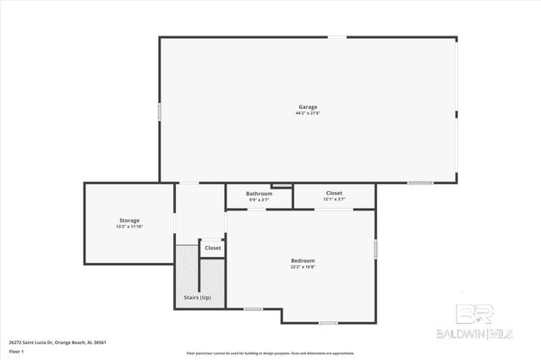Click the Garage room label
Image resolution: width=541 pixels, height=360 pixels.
[308, 107]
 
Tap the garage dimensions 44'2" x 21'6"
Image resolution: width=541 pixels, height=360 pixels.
[308, 113]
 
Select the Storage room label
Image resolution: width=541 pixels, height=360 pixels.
[129, 221]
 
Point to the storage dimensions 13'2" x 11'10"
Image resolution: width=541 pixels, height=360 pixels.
[129, 226]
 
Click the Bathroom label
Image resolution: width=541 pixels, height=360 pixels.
[260, 194]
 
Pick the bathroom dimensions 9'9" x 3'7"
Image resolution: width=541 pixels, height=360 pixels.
[260, 199]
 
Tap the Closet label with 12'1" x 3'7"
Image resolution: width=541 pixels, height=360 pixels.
[335, 194]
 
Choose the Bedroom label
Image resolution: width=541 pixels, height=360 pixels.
[303, 260]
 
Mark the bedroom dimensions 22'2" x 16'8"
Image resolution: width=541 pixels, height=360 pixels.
[303, 266]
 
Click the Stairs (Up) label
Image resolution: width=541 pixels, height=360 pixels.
[197, 298]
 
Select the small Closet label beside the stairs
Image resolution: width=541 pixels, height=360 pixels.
[212, 248]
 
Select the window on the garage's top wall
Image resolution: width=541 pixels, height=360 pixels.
[336, 36]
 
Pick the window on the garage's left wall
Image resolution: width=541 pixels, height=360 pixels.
[160, 111]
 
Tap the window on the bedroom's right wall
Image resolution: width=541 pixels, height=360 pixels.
[375, 248]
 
